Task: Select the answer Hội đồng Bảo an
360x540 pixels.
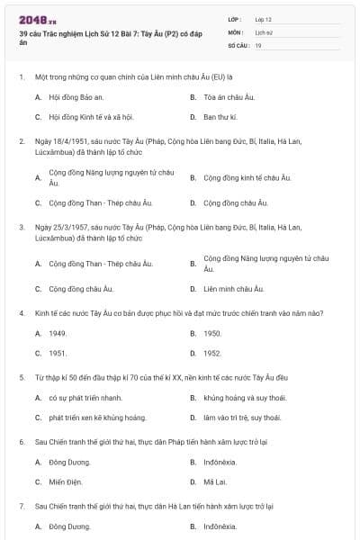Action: coord(73,94)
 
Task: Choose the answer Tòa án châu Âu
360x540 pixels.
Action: coord(225,94)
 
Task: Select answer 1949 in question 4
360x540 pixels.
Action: coord(58,333)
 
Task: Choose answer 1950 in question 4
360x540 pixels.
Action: coord(212,333)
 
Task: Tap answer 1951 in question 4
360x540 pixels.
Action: coord(58,354)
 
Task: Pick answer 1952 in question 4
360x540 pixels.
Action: coord(212,354)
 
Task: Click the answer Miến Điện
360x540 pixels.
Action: coord(66,481)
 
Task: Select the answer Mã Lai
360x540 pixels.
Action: coord(214,481)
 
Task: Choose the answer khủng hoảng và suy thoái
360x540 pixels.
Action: coord(242,397)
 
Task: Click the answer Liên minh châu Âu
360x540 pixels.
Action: coord(234,289)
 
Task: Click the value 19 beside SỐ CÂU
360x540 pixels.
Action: coord(258,44)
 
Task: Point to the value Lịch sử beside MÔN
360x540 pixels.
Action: coord(264,31)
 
